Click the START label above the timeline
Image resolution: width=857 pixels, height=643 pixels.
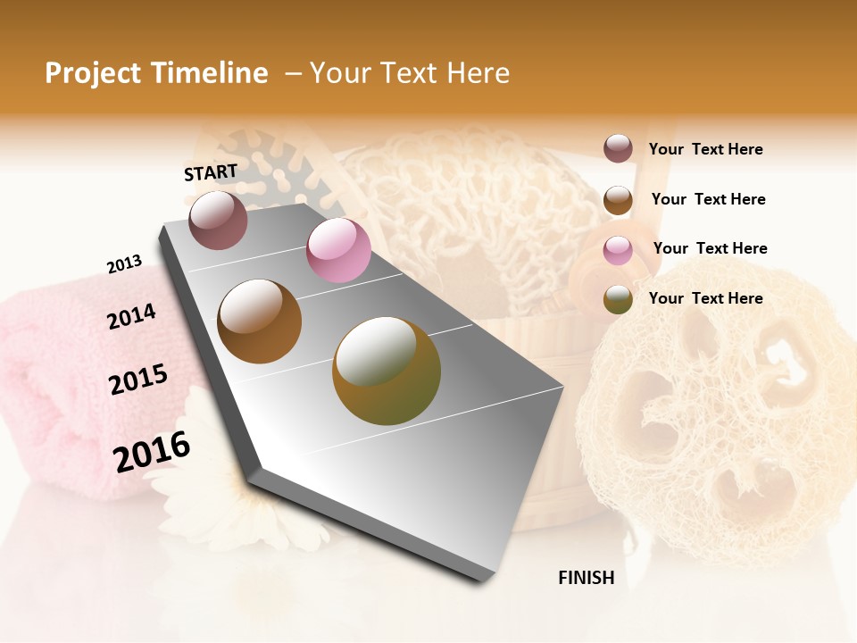pyautogui.click(x=211, y=172)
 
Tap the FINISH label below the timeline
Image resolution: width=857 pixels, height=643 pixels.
pyautogui.click(x=586, y=578)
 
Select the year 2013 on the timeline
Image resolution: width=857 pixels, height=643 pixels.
pyautogui.click(x=124, y=264)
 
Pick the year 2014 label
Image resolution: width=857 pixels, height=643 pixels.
pyautogui.click(x=131, y=316)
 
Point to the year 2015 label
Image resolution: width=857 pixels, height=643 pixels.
pyautogui.click(x=137, y=380)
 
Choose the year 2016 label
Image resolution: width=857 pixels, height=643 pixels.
pyautogui.click(x=152, y=452)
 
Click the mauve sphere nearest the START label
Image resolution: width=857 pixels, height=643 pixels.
pyautogui.click(x=218, y=220)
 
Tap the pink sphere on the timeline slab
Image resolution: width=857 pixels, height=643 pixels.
pyautogui.click(x=338, y=250)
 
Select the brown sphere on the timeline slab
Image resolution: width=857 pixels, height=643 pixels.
pyautogui.click(x=259, y=321)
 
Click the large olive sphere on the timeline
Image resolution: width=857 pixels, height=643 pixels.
pyautogui.click(x=386, y=370)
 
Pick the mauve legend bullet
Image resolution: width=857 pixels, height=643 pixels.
pyautogui.click(x=618, y=148)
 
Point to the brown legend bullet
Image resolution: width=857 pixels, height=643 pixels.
pyautogui.click(x=618, y=199)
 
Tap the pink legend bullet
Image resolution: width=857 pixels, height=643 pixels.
pyautogui.click(x=618, y=249)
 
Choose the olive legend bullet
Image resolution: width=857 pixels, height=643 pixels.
pyautogui.click(x=618, y=299)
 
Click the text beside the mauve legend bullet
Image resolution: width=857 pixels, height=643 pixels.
pyautogui.click(x=705, y=149)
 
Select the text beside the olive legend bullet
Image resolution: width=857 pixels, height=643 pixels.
pyautogui.click(x=705, y=298)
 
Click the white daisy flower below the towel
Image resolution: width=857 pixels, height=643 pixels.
pyautogui.click(x=223, y=500)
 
